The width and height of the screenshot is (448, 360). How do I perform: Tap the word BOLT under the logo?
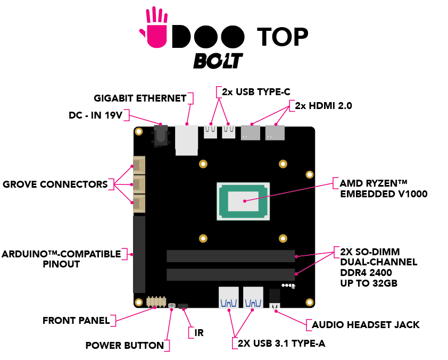[x=218, y=60]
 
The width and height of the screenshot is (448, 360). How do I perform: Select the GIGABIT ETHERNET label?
[x=140, y=98]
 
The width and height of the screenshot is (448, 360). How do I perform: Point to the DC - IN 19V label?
[x=99, y=115]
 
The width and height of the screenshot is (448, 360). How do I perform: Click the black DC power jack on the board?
[x=160, y=136]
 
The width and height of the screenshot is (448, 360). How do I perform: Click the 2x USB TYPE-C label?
[x=255, y=91]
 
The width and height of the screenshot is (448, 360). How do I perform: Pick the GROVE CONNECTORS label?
[x=55, y=185]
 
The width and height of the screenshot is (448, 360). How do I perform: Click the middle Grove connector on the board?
[x=139, y=185]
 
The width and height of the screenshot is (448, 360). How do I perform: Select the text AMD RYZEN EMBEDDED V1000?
[x=383, y=189]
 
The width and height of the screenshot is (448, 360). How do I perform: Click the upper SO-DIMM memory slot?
[x=230, y=256]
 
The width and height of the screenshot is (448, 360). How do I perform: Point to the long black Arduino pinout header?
[x=139, y=254]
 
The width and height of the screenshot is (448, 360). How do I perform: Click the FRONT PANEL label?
[x=76, y=321]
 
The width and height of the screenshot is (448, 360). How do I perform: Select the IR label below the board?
[x=199, y=333]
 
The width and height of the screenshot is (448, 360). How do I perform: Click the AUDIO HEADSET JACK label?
[x=366, y=324]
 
